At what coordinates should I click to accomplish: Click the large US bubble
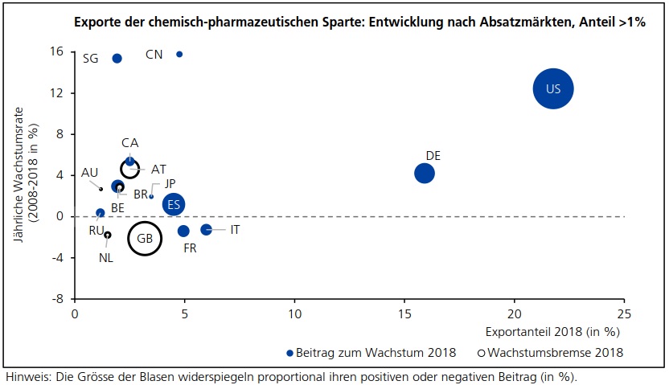point(552,88)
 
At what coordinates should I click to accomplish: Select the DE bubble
point(425,173)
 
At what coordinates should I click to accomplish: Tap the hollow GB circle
point(145,238)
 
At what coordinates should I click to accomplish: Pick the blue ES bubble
point(174,204)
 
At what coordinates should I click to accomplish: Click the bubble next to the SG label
point(117,59)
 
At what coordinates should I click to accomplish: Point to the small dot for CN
point(179,54)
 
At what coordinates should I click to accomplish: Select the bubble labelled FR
point(183,231)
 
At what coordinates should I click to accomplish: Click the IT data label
point(235,230)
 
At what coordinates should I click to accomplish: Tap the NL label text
point(106,258)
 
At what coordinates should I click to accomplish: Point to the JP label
point(170,184)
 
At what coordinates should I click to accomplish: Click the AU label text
point(89,173)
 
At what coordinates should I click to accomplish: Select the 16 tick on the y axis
point(57,52)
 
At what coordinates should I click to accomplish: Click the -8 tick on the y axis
point(58,299)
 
